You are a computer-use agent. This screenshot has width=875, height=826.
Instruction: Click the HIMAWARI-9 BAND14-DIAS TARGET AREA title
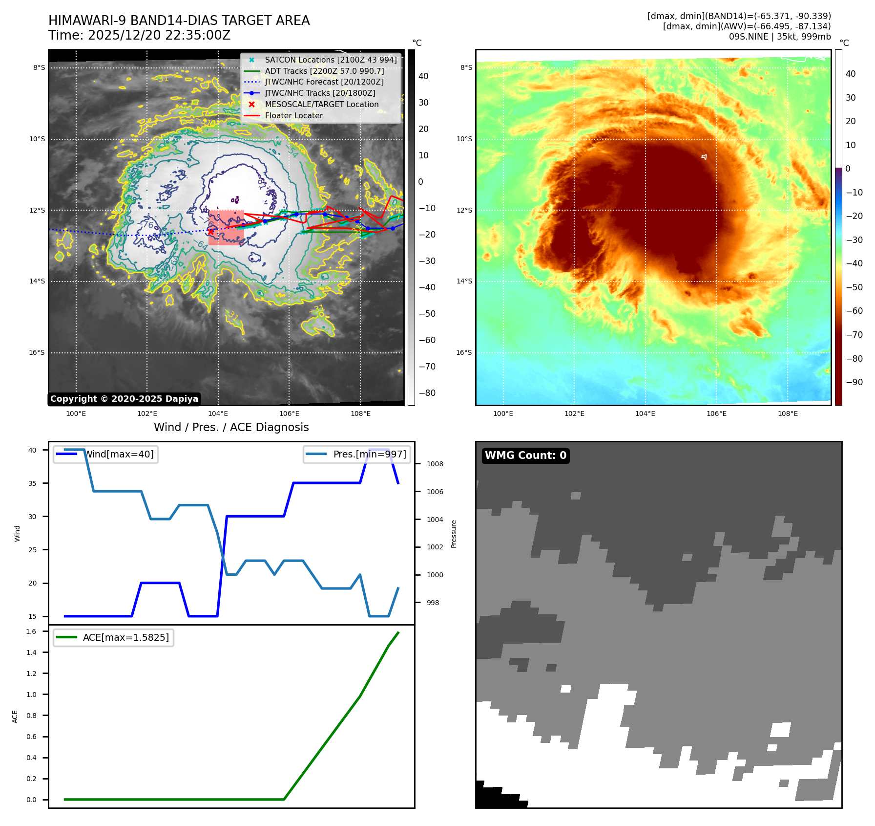[x=179, y=21]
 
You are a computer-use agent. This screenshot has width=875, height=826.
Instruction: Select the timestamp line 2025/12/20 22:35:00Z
[x=139, y=35]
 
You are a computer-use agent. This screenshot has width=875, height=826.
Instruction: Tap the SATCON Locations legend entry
[x=331, y=60]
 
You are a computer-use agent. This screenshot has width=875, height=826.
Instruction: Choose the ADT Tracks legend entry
[x=324, y=71]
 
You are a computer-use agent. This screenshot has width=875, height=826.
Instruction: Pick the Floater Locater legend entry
[x=293, y=115]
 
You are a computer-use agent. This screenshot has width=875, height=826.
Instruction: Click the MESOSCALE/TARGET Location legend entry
[x=321, y=104]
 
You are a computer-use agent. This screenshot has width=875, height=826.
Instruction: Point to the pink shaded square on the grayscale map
[x=226, y=227]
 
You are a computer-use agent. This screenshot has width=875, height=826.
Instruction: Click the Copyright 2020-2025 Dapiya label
[x=124, y=399]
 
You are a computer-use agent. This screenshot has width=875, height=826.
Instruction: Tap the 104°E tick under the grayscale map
[x=218, y=413]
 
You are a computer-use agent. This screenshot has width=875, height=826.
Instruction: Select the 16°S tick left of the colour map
[x=464, y=352]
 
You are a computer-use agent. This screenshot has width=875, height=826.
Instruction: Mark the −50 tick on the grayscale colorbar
[x=427, y=314]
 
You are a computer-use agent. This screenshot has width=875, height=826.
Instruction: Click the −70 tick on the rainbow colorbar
[x=854, y=335]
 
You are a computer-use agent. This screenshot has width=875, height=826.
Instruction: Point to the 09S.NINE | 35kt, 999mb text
[x=780, y=37]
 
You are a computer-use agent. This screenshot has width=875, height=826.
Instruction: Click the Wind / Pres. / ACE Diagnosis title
[x=231, y=427]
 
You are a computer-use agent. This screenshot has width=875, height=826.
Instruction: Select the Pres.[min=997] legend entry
[x=369, y=454]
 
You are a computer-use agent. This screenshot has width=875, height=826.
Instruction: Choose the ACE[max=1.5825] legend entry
[x=125, y=637]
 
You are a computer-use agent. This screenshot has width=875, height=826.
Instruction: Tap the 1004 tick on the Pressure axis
[x=435, y=520]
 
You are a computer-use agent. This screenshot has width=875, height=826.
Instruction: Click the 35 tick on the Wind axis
[x=32, y=483]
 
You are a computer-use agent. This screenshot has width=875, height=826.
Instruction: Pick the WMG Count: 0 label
[x=525, y=456]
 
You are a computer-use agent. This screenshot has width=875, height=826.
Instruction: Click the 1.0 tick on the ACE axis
[x=31, y=695]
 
